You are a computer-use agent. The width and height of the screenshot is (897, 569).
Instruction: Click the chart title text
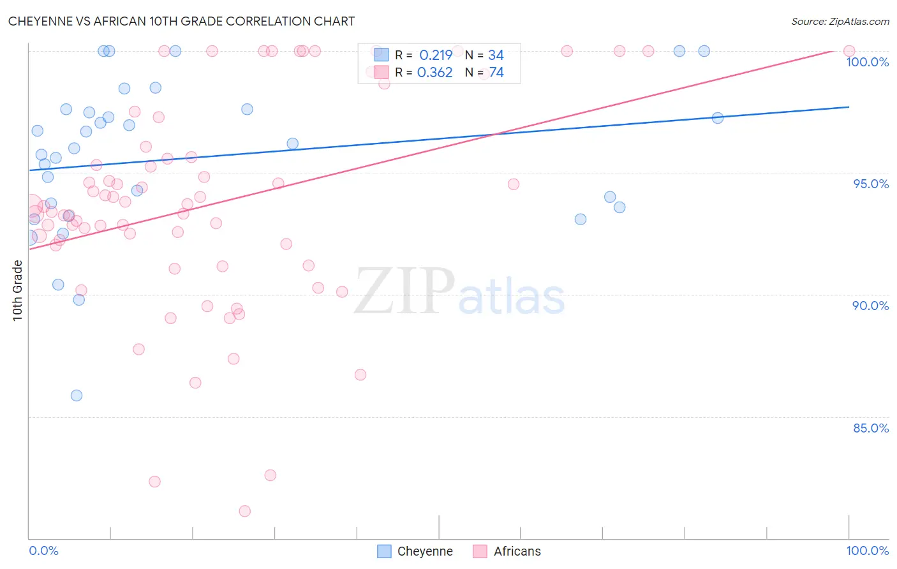tap(181, 21)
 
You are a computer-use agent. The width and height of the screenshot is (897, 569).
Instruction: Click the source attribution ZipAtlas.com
tap(840, 21)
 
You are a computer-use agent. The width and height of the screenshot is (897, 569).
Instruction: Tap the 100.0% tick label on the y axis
tap(867, 62)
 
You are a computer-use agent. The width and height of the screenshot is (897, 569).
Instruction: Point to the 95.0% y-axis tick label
tap(871, 184)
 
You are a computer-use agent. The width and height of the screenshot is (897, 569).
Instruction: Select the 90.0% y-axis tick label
tap(870, 306)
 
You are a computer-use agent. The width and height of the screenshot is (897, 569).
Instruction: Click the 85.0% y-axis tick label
tap(871, 428)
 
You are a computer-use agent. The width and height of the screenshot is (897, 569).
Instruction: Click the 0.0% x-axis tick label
tap(43, 551)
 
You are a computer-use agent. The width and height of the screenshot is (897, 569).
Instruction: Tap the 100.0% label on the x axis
tap(867, 551)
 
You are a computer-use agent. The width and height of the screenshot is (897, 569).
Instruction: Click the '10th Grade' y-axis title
tap(18, 290)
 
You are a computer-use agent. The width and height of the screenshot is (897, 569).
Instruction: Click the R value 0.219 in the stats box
tap(436, 55)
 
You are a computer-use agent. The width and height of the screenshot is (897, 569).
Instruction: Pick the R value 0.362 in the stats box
tap(434, 73)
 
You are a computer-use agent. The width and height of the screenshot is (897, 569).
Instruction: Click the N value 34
tap(496, 55)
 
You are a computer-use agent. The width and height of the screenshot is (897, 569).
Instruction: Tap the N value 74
tap(496, 73)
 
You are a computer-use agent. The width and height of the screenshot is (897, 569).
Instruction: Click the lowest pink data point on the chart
tap(244, 511)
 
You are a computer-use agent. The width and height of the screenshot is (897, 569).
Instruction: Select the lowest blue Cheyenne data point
tap(77, 395)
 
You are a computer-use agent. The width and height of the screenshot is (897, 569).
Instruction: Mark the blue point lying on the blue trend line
tap(718, 118)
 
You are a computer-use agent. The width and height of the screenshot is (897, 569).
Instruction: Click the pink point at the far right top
tap(849, 51)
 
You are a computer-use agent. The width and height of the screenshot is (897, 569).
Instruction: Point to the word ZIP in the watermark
tap(404, 292)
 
